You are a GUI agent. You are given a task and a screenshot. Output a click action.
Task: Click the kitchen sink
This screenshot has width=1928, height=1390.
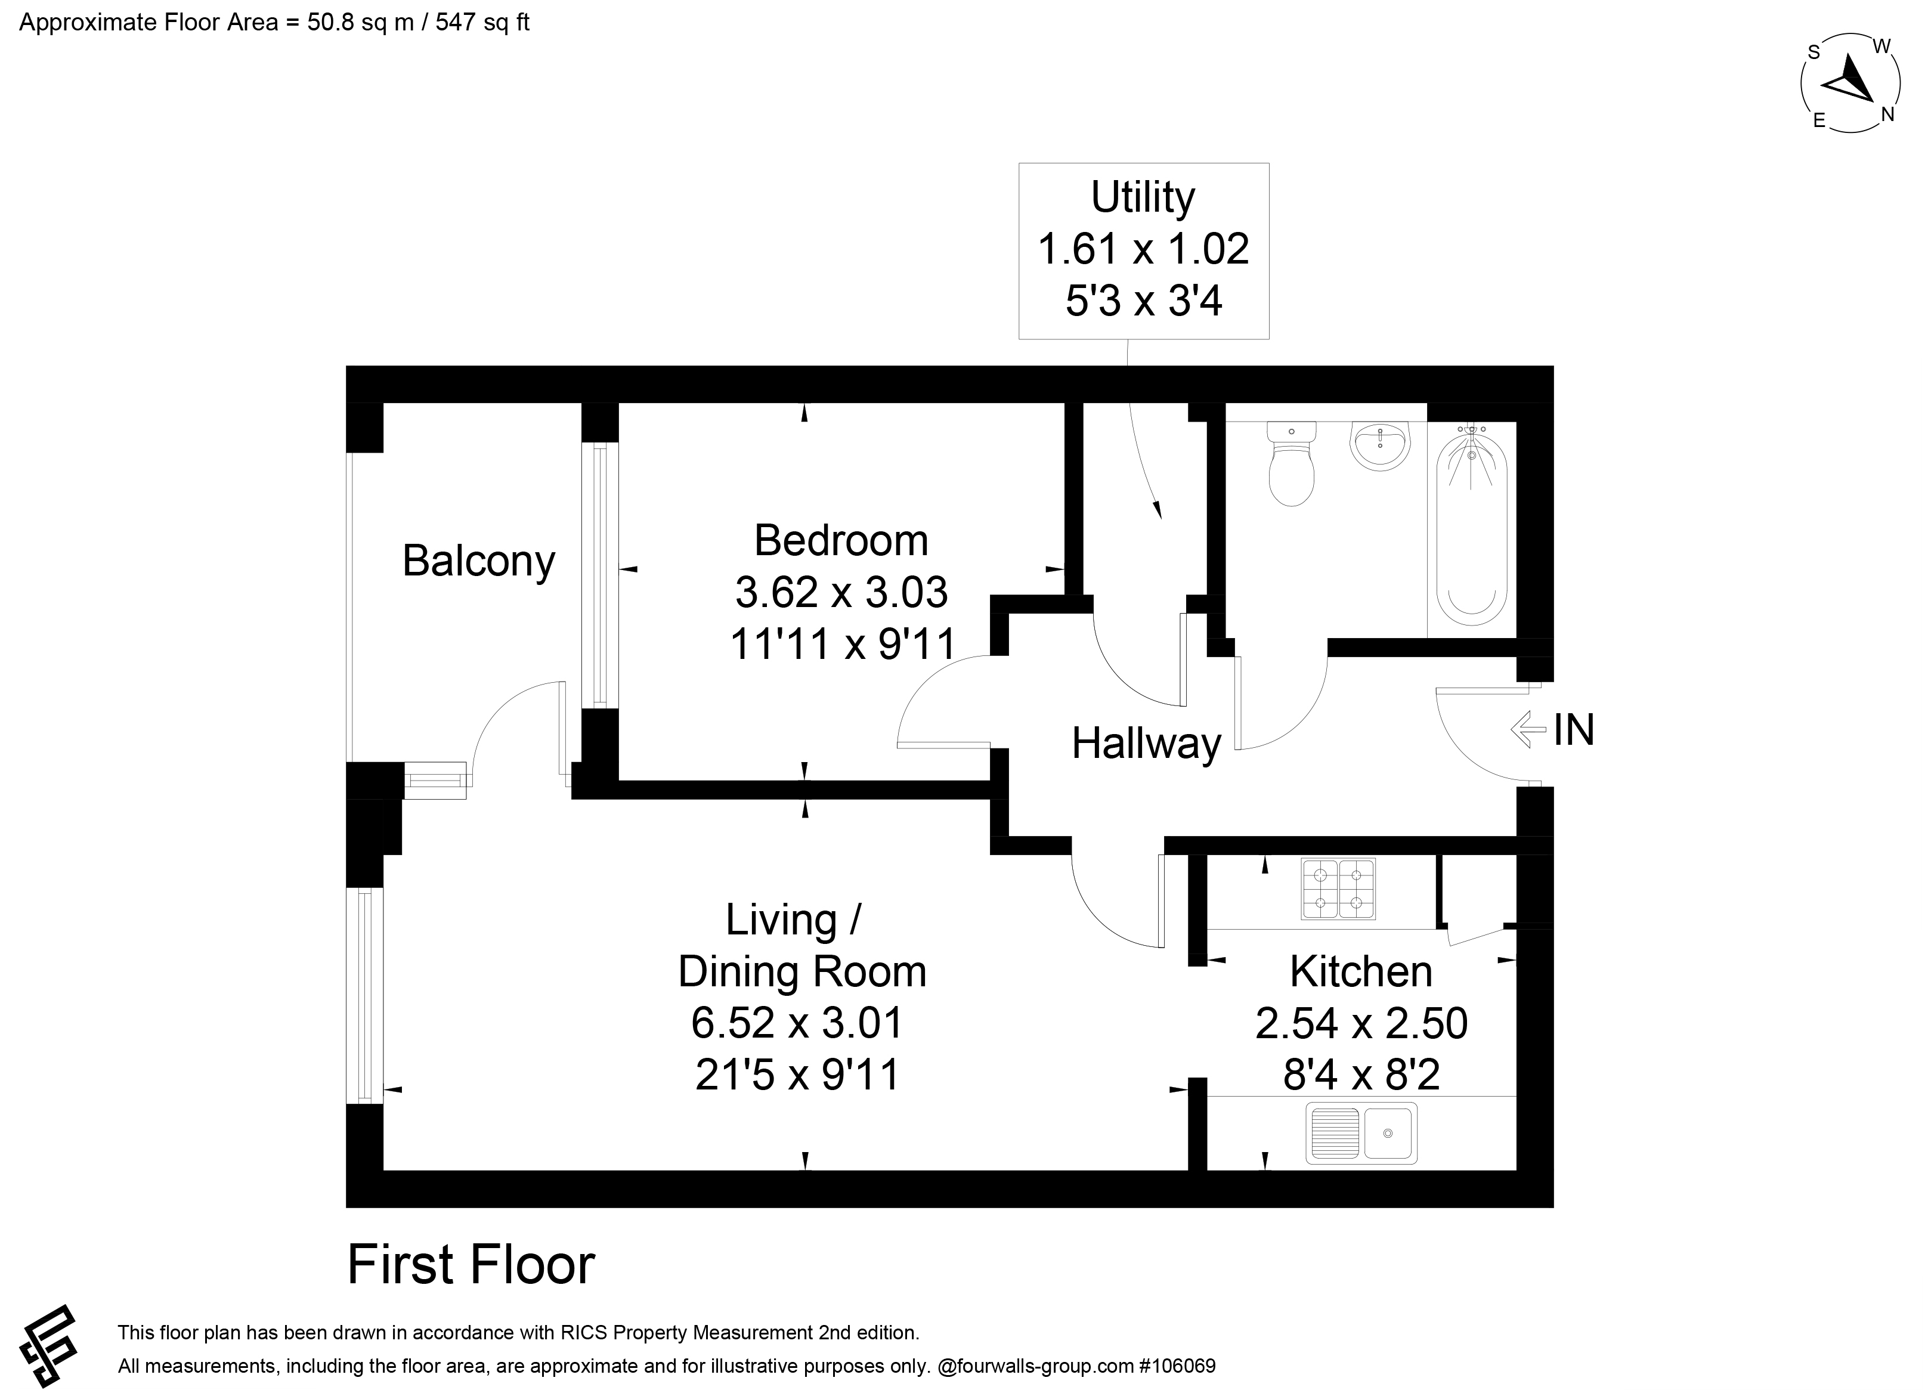click(x=1362, y=1133)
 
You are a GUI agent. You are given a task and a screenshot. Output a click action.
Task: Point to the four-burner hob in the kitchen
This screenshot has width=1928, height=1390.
click(x=1338, y=889)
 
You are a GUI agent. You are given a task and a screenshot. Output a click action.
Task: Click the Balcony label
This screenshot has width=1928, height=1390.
click(x=479, y=562)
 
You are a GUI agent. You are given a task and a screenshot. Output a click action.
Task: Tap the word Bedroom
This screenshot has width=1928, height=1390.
click(x=841, y=541)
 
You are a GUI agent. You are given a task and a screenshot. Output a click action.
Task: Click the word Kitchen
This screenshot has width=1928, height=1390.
click(x=1361, y=972)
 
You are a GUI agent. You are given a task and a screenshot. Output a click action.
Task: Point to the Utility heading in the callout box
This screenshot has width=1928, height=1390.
click(x=1143, y=198)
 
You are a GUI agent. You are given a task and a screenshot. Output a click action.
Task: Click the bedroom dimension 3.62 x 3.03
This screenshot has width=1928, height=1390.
click(x=841, y=593)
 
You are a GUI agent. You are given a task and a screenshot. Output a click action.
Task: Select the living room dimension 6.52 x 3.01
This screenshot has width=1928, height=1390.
click(x=797, y=1023)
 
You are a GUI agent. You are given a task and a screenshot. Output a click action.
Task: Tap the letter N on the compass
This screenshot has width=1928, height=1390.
click(x=1887, y=114)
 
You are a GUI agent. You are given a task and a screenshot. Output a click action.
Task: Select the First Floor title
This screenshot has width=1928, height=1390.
click(x=471, y=1265)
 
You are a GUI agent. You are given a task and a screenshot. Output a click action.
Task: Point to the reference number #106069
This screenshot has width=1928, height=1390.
click(x=1177, y=1366)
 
